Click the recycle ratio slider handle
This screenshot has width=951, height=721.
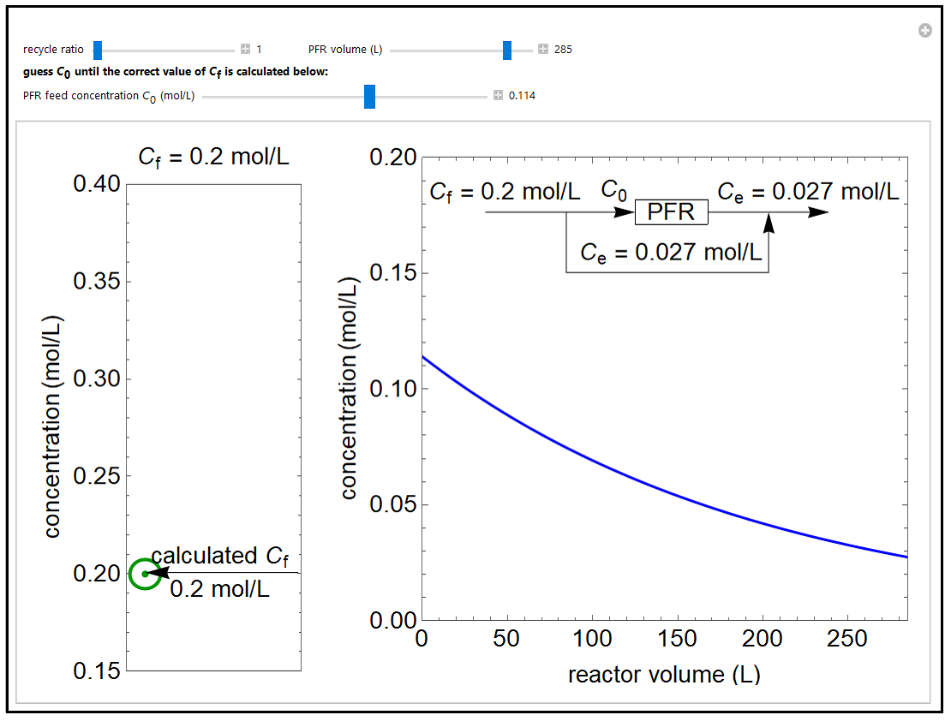tap(98, 50)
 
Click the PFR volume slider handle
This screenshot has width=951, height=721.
tap(507, 50)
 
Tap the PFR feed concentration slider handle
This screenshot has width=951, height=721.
tap(369, 96)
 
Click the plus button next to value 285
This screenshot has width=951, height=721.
tap(542, 50)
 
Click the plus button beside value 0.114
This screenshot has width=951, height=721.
tap(498, 96)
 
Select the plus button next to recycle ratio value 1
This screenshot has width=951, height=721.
tap(245, 50)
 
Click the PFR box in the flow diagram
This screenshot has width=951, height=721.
tap(671, 212)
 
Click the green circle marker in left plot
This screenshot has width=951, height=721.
tap(145, 574)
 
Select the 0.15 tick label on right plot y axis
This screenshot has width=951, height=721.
tap(392, 273)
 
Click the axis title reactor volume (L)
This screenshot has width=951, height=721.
tap(664, 675)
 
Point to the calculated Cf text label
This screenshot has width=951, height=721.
tap(219, 556)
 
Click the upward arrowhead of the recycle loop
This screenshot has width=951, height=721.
tap(769, 223)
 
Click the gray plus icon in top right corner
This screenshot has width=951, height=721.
tap(924, 31)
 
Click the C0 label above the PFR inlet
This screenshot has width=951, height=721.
tap(613, 189)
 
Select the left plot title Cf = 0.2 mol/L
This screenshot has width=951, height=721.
tap(213, 158)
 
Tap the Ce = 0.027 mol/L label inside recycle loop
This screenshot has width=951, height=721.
tap(671, 253)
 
